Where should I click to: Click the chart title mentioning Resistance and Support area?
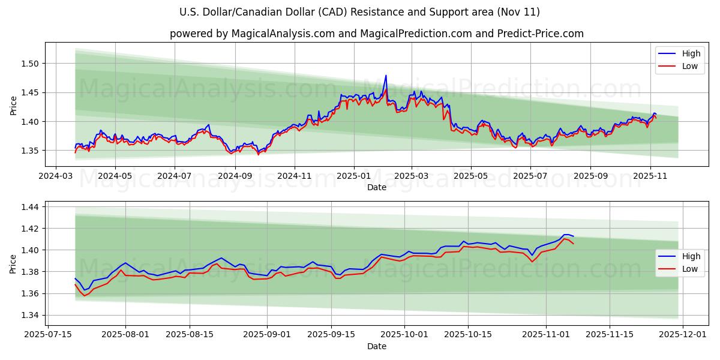point(359,12)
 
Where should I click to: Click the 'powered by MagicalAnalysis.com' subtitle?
point(376,34)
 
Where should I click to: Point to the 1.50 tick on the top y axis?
point(30,64)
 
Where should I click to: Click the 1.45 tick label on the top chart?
point(30,92)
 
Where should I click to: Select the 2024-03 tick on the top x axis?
point(56,177)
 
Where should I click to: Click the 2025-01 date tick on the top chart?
point(353,177)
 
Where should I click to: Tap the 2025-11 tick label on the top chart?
point(650,177)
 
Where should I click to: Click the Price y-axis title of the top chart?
point(13,105)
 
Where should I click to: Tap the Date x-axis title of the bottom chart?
point(376,346)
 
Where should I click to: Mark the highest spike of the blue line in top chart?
point(386,76)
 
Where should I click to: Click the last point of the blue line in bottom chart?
point(573,236)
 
